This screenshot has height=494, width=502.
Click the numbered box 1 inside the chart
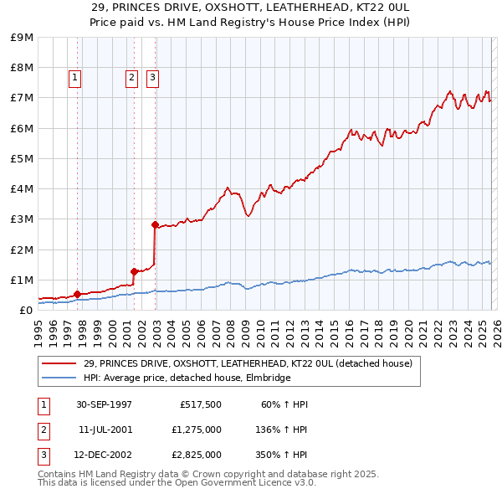(74, 78)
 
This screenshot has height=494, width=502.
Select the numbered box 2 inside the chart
(131, 78)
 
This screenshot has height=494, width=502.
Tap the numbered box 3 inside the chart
(152, 78)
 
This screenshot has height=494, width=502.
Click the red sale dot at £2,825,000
(155, 224)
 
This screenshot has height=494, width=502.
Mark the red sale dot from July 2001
(134, 270)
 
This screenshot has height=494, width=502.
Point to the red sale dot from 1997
(78, 294)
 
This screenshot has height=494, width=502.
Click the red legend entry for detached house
(248, 363)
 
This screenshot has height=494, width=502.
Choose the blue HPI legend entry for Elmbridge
(187, 378)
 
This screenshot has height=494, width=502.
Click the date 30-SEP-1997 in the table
(104, 404)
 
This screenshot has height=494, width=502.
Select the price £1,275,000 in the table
(196, 430)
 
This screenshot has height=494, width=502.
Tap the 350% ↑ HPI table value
(281, 455)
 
